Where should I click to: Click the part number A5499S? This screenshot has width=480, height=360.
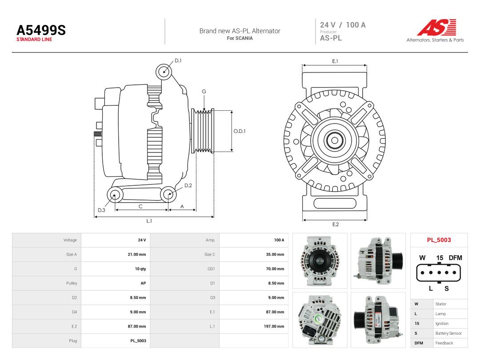tap(41, 30)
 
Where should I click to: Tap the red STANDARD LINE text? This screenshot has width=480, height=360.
tap(34, 40)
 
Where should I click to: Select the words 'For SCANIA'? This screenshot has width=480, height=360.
tap(240, 38)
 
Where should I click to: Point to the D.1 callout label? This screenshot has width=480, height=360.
tap(178, 60)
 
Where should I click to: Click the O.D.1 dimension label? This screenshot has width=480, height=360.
tap(240, 131)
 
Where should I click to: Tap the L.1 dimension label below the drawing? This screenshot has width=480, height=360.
tap(149, 221)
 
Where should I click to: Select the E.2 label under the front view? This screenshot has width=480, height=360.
tap(336, 224)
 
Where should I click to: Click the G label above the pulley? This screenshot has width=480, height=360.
tap(204, 92)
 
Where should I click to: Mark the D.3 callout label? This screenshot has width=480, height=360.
tap(101, 210)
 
